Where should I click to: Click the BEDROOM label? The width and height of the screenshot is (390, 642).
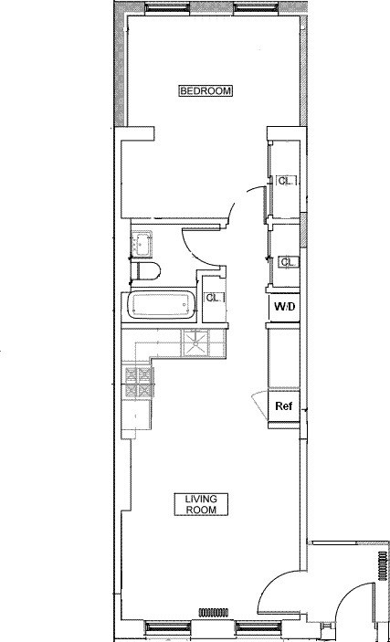pyautogui.click(x=206, y=90)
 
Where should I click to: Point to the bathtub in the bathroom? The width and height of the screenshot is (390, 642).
pyautogui.click(x=161, y=305)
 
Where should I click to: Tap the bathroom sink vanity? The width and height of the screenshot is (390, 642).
pyautogui.click(x=142, y=244)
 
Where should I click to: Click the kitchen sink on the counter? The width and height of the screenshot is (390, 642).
pyautogui.click(x=195, y=342)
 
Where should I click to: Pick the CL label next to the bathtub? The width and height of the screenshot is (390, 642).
pyautogui.click(x=214, y=298)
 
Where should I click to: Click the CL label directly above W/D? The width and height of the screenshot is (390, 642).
pyautogui.click(x=287, y=261)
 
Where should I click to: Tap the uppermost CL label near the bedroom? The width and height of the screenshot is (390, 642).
pyautogui.click(x=286, y=180)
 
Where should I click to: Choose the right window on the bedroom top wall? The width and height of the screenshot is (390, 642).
pyautogui.click(x=250, y=8)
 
